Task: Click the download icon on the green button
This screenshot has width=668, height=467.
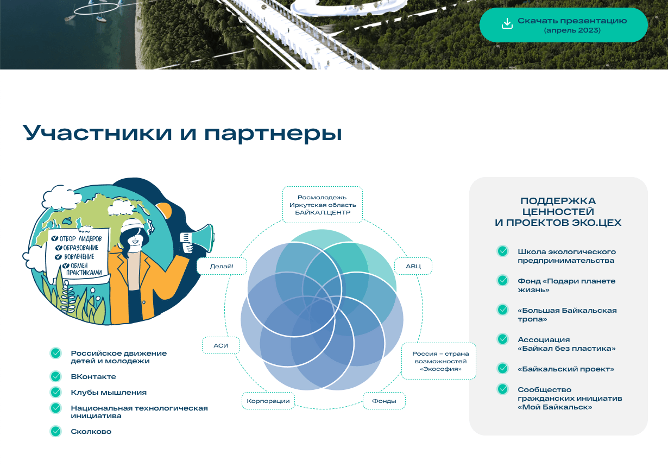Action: pos(507,23)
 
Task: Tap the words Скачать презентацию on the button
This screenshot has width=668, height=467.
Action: pos(572,21)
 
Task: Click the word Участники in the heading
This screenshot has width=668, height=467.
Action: pos(97,133)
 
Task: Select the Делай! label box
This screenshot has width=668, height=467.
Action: pos(222,266)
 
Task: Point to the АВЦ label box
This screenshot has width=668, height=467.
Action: pos(413,266)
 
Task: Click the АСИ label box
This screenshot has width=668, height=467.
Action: pos(221,345)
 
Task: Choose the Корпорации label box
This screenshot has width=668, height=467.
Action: pos(268,401)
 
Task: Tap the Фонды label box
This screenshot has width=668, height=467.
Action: pos(384,401)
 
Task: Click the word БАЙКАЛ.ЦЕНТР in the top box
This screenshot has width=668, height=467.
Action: pos(323,213)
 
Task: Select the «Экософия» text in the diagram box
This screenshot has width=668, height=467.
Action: pos(440,369)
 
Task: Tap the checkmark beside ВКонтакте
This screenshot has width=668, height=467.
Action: pos(56,376)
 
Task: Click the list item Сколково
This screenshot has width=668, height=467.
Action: pos(91,431)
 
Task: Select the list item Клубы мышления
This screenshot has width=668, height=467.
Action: pos(109,392)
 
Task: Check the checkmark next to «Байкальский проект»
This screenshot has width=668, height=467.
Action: pos(502,369)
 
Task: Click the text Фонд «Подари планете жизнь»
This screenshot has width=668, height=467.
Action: pos(566,286)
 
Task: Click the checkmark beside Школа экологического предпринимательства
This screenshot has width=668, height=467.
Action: pos(502,251)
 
